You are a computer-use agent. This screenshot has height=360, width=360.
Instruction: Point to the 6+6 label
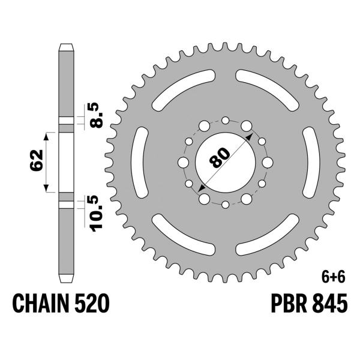pyautogui.click(x=334, y=278)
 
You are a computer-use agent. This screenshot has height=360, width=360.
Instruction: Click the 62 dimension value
pyautogui.click(x=37, y=160)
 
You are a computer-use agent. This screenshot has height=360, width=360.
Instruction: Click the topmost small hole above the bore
pyautogui.click(x=225, y=121)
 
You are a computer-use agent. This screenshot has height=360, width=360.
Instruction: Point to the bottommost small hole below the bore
pyautogui.click(x=225, y=205)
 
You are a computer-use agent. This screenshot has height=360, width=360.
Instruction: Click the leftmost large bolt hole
pyautogui.click(x=184, y=163)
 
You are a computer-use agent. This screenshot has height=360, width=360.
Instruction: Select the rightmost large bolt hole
pyautogui.click(x=266, y=163)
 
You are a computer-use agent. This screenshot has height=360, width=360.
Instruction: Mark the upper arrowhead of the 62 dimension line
pyautogui.click(x=45, y=133)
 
